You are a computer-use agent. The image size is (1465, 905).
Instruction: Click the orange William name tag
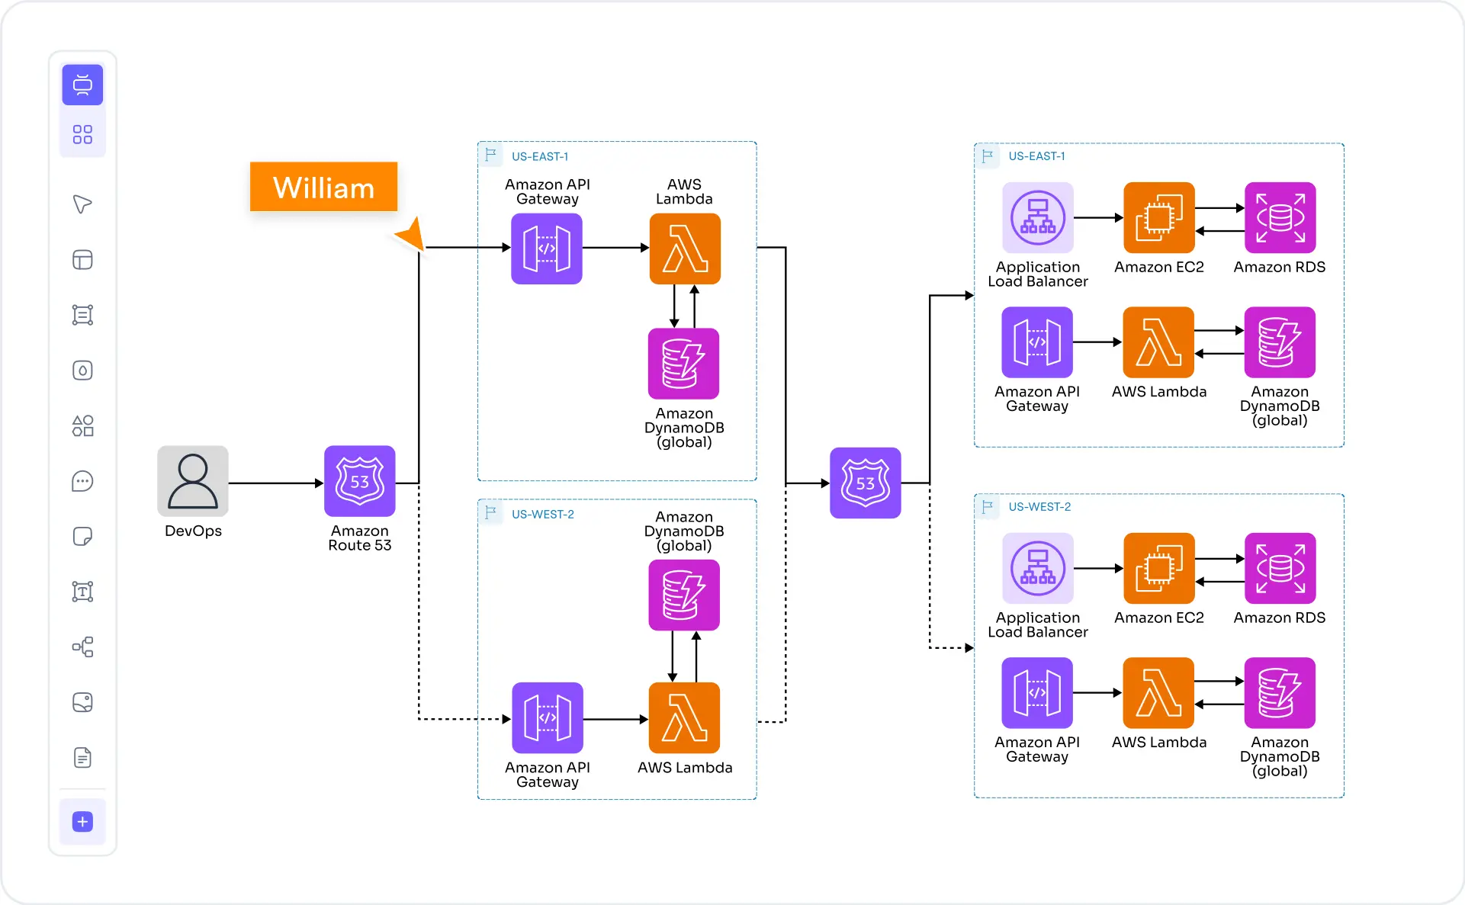323,187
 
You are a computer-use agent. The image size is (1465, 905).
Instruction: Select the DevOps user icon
193,481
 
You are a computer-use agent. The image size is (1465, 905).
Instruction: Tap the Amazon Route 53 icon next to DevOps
359,481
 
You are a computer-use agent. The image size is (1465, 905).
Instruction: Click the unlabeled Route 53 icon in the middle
865,483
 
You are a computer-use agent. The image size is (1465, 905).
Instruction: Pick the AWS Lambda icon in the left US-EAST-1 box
685,249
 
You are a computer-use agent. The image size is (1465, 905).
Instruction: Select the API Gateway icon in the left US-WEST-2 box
547,717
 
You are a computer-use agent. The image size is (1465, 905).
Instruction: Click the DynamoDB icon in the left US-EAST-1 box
683,363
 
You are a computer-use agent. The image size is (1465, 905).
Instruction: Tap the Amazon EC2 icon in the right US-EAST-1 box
1158,217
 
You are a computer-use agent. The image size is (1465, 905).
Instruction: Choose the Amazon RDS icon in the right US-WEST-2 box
1280,568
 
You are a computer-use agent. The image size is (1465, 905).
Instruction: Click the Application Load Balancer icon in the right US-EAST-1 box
1037,217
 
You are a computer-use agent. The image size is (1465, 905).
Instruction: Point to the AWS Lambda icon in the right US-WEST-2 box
1158,692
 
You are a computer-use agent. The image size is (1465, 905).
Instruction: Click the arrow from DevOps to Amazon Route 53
275,483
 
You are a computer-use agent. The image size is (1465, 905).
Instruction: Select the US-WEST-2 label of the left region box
542,515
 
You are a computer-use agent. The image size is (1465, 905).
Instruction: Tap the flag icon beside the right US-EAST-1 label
988,156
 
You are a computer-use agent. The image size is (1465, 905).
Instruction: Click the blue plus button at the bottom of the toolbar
82,821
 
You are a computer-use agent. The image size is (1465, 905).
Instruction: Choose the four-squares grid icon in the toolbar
82,135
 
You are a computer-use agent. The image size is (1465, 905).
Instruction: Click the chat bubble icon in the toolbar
82,481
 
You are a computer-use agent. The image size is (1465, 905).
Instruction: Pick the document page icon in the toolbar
82,757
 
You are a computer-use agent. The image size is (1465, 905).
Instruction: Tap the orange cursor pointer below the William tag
412,234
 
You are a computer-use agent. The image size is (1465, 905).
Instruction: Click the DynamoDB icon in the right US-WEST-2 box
1280,692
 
